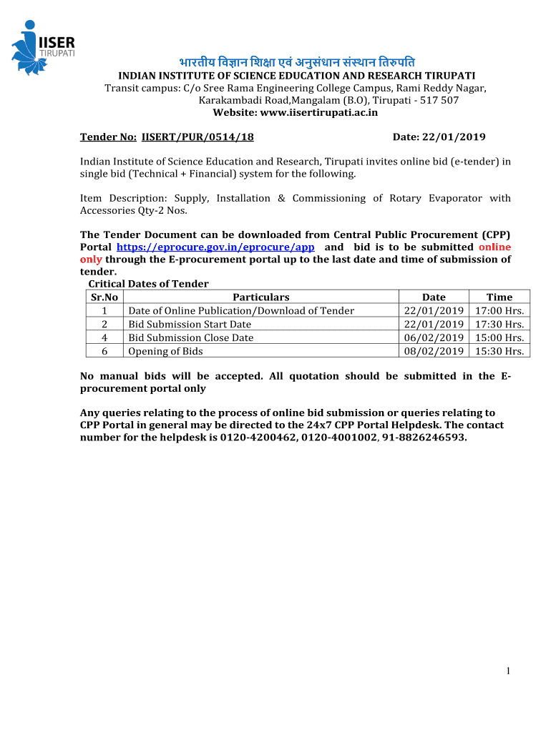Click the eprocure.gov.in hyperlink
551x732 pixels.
215,247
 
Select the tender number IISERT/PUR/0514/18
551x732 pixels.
198,137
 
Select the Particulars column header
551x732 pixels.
261,297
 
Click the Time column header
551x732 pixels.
499,297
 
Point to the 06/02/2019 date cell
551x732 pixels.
434,337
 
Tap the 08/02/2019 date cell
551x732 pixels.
434,351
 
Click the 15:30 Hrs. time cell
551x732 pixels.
499,351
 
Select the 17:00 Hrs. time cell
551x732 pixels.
499,310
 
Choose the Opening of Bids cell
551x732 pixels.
165,351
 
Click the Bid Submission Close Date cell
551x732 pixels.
190,337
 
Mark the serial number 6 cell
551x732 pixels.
104,351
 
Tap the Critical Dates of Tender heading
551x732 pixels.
148,284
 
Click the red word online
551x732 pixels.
494,247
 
